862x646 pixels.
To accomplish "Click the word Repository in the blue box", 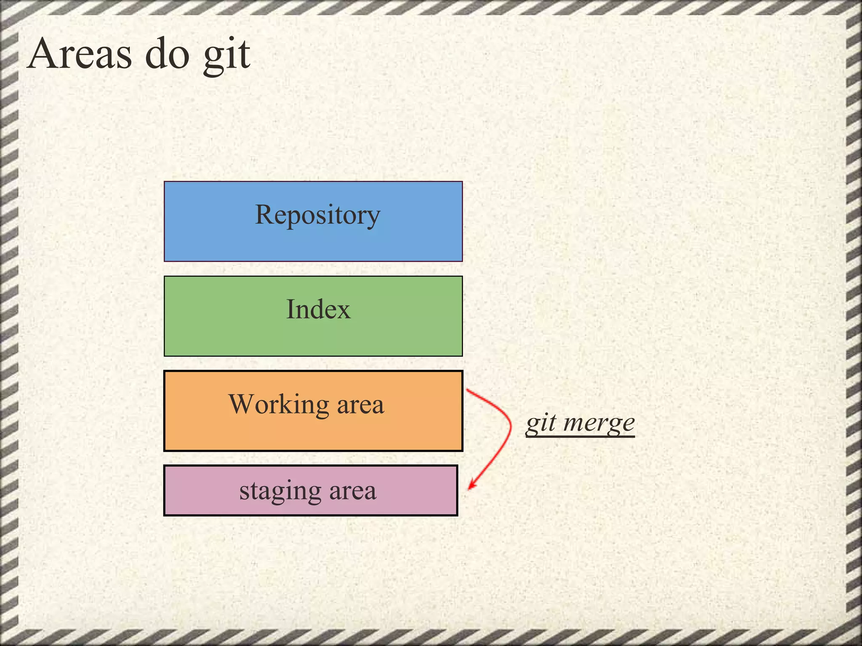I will pos(317,215).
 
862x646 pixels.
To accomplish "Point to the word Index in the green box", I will pos(318,310).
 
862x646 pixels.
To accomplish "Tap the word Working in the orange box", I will pos(279,405).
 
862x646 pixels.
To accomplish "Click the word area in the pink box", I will pos(352,491).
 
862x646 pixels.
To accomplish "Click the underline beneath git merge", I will pos(580,436).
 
